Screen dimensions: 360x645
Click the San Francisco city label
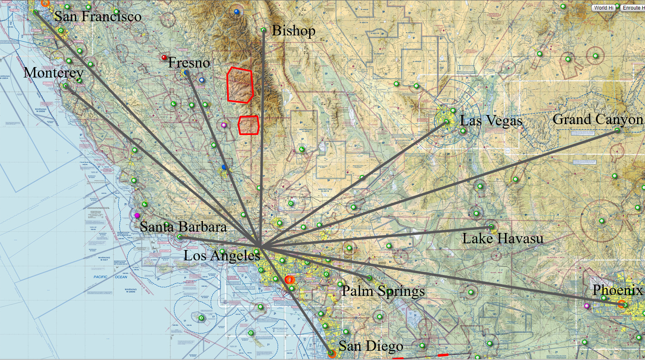98,17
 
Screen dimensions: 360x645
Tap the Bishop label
293,30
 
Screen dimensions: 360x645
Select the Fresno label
189,63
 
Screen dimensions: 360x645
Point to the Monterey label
53,72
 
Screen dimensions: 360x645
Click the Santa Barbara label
183,227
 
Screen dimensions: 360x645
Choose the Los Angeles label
222,255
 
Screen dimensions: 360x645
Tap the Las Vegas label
491,121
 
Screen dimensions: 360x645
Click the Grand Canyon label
598,120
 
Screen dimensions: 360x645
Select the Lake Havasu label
502,239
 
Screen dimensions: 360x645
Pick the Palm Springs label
383,291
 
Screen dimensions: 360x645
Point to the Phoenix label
617,290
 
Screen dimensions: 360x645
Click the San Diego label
371,346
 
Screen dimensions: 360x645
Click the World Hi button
603,7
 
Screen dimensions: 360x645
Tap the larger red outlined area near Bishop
240,85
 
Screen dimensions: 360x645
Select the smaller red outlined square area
249,125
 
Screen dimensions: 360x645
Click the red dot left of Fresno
164,57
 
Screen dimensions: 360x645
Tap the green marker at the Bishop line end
263,30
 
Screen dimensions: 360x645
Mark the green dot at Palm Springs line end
369,278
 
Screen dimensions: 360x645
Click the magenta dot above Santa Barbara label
137,215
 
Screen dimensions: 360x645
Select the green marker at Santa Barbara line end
180,237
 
